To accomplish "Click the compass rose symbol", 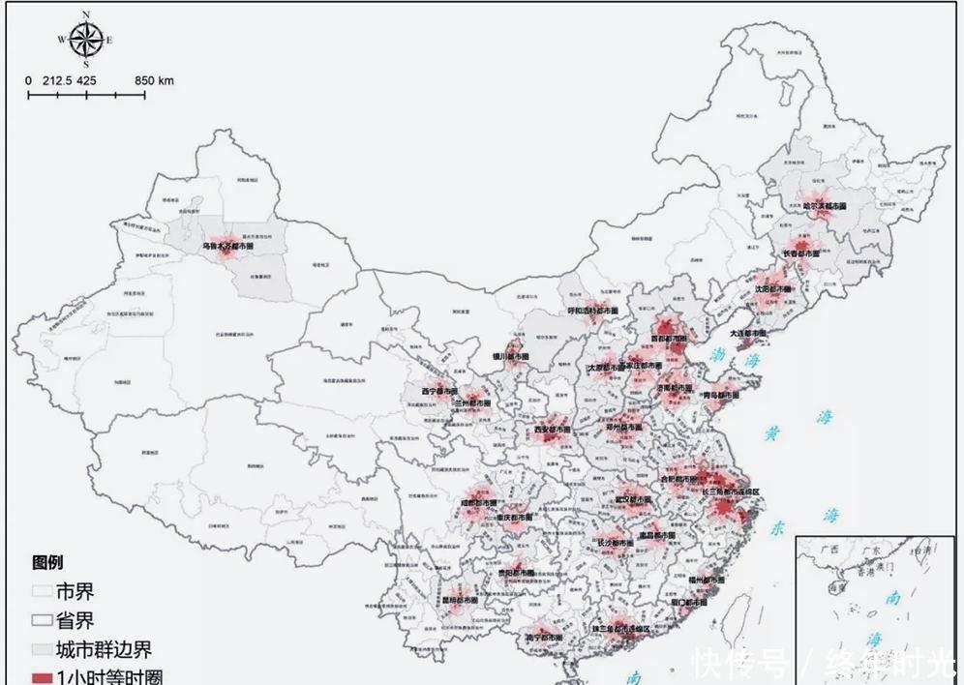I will [86, 40].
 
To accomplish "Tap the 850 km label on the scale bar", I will [154, 81].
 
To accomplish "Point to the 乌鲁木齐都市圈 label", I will [228, 247].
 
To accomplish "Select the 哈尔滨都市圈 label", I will [825, 206].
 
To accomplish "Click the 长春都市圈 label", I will [800, 253].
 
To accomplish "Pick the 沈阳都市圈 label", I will [773, 288].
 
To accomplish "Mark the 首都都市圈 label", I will [668, 340].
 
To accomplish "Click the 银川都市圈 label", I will [511, 357].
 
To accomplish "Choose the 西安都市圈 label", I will [553, 429].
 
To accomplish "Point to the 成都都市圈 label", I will [479, 503].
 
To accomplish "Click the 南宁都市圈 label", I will [543, 638].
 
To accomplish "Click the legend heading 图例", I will [48, 563].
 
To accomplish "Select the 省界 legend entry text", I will [75, 621].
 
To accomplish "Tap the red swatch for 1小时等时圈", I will [41, 676].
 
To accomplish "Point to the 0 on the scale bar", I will [28, 81].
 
